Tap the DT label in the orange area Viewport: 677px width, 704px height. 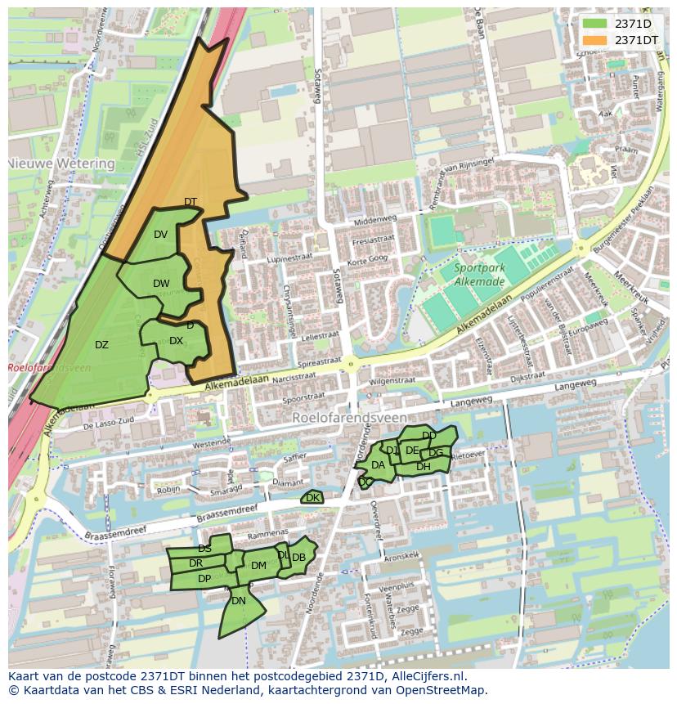pyautogui.click(x=191, y=202)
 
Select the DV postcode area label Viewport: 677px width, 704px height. pyautogui.click(x=160, y=235)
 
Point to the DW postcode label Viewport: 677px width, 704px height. pyautogui.click(x=161, y=284)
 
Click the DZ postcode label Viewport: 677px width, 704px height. pyautogui.click(x=101, y=344)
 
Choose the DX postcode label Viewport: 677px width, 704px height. pyautogui.click(x=176, y=341)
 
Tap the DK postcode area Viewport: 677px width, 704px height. pyautogui.click(x=312, y=497)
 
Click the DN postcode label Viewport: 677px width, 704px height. pyautogui.click(x=239, y=600)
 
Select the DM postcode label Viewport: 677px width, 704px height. pyautogui.click(x=258, y=565)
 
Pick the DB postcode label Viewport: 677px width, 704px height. pyautogui.click(x=299, y=558)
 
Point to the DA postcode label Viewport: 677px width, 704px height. pyautogui.click(x=378, y=465)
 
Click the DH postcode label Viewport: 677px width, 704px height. pyautogui.click(x=424, y=466)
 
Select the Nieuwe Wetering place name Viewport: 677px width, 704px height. pyautogui.click(x=61, y=164)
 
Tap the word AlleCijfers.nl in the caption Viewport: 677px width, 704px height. pyautogui.click(x=426, y=676)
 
